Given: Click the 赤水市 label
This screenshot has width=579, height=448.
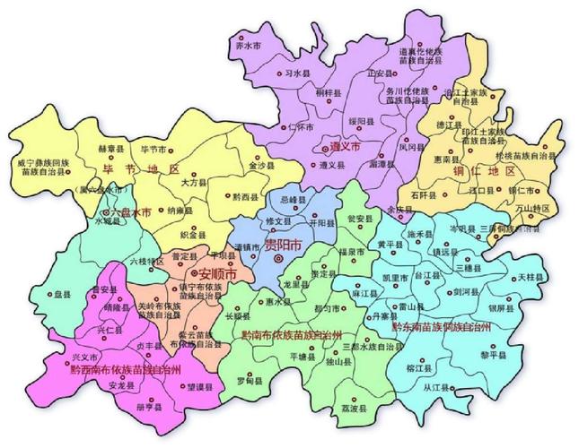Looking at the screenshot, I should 247,44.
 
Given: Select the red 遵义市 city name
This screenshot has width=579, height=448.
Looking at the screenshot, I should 342,144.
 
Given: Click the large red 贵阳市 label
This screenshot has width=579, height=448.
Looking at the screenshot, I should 283,244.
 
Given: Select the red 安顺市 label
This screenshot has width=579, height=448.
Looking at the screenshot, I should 217,272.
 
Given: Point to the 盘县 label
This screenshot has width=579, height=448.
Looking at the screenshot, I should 61,293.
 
